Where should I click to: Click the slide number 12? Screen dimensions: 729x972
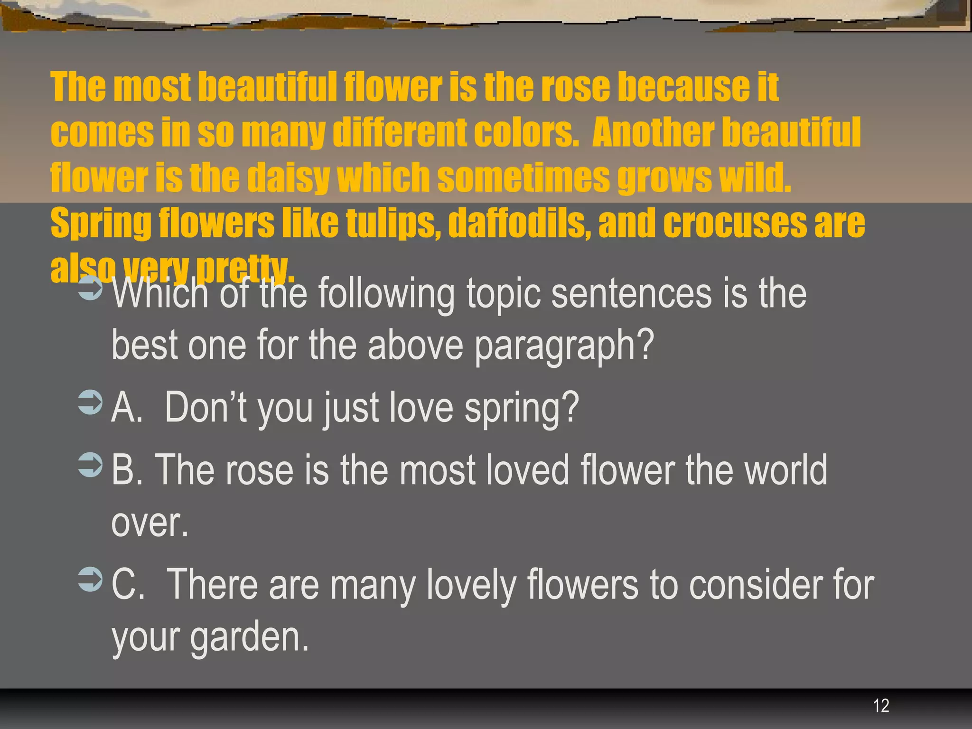881,706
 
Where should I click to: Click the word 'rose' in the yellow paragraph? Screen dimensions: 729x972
575,88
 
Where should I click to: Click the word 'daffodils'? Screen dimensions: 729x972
519,223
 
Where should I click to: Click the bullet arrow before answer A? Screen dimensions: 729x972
90,402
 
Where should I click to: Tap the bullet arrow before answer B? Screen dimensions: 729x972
90,465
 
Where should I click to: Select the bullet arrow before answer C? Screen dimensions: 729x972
90,579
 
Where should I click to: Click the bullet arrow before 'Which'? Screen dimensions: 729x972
90,288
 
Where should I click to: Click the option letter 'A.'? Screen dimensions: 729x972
127,407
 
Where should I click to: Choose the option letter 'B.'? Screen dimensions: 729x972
127,470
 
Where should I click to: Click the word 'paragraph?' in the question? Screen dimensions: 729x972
564,345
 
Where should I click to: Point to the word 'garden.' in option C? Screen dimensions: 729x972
250,637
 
